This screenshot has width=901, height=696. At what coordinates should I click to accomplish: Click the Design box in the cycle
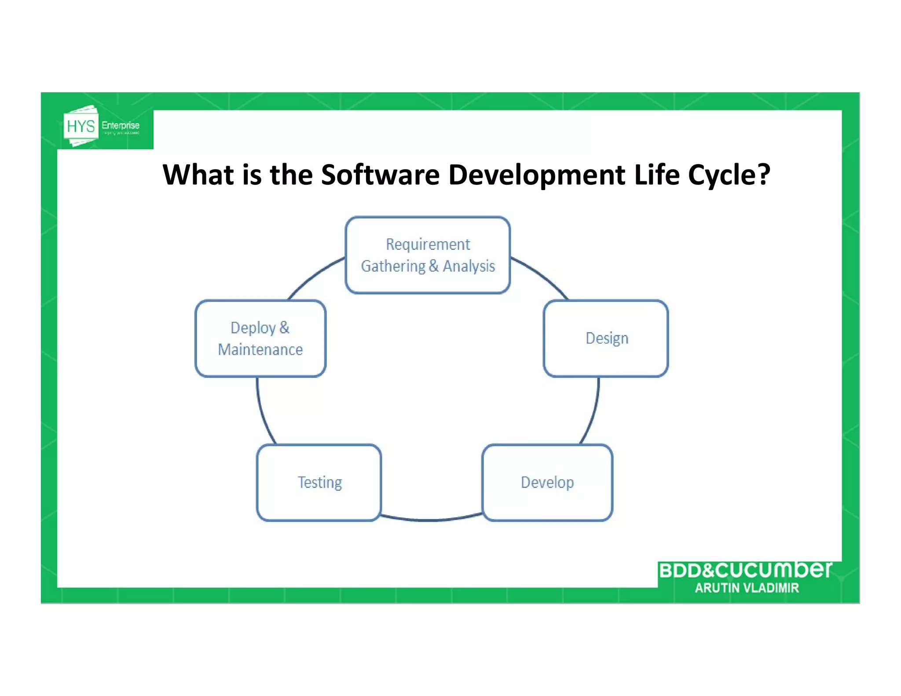pos(606,338)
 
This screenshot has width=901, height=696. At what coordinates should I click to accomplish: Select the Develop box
pos(547,483)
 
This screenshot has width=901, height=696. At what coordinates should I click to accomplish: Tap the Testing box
pos(319,483)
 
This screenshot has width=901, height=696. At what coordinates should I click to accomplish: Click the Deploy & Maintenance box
pos(260,338)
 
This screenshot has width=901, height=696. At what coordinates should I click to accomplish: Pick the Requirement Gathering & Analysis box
pos(428,255)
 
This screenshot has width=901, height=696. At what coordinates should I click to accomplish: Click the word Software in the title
pos(380,175)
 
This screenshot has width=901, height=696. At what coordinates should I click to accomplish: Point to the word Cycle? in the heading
pos(729,175)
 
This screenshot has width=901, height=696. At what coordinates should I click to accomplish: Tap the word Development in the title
pos(537,175)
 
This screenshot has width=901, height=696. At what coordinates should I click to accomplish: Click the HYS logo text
pos(81,126)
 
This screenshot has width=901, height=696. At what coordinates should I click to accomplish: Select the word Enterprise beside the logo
pos(121,125)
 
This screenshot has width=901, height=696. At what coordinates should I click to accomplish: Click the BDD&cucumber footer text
pos(745,570)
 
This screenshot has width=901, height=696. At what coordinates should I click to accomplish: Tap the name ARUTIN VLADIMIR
pos(747,588)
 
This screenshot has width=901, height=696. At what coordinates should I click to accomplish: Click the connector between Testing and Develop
pos(431,520)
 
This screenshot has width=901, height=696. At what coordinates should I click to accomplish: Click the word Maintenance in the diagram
pos(260,350)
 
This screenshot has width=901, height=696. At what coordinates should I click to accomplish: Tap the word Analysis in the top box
pos(469,266)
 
